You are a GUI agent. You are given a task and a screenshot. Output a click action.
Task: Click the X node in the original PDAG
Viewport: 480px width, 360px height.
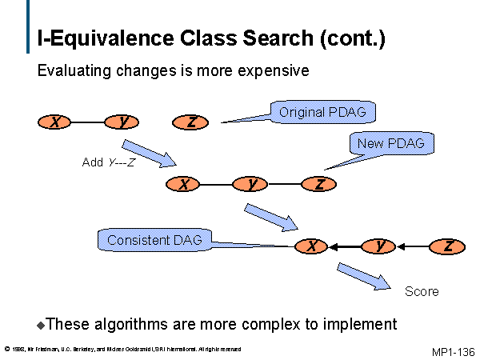tap(55, 122)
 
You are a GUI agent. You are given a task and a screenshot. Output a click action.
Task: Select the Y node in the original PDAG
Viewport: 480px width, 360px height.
tap(122, 122)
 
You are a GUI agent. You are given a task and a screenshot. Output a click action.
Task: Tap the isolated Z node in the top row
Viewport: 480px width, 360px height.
tap(191, 122)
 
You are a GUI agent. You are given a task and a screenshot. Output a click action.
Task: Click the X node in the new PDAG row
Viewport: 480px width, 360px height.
tap(184, 184)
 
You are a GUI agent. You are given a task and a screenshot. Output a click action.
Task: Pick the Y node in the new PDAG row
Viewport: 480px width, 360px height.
tap(252, 184)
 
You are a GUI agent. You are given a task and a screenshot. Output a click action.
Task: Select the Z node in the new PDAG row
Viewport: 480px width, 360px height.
tap(320, 184)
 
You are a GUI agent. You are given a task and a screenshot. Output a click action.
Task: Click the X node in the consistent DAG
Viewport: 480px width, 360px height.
tap(313, 246)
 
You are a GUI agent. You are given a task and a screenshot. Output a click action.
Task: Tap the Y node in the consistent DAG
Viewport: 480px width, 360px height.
tap(380, 246)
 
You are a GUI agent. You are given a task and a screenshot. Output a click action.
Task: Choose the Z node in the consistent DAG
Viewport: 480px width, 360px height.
tap(448, 246)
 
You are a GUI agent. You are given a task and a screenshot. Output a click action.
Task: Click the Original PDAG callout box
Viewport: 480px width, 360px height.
tap(322, 113)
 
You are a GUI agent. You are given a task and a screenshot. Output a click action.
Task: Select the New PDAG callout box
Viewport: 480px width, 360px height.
tap(391, 144)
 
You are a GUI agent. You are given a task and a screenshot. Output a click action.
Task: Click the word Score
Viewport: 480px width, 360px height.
tap(422, 291)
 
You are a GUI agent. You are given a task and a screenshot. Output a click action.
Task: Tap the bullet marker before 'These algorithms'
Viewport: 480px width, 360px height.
tap(42, 326)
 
